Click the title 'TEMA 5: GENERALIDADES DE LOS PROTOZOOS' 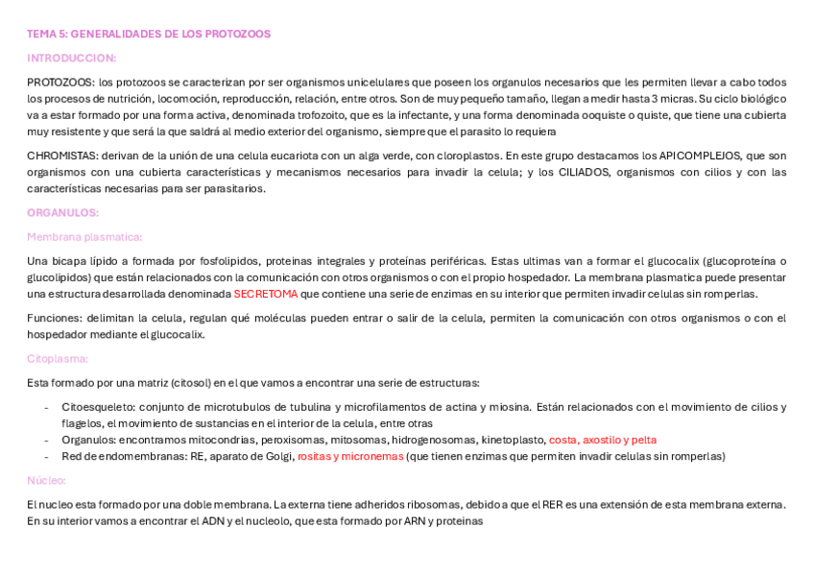point(149,34)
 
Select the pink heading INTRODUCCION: point(71,58)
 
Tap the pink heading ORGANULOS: point(62,212)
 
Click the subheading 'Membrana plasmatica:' point(84,236)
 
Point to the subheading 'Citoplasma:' point(58,358)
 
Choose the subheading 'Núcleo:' point(46,480)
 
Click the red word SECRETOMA point(265,294)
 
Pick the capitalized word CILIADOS point(582,172)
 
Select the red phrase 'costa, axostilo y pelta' point(603,440)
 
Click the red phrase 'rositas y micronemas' point(350,456)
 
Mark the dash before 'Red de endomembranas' point(46,456)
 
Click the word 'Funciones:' point(54,318)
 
